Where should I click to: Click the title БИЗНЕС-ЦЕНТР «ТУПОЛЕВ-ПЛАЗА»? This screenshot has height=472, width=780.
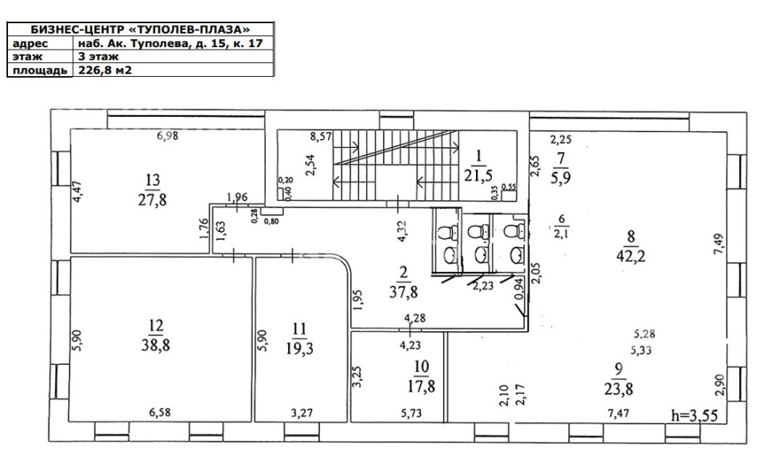141,30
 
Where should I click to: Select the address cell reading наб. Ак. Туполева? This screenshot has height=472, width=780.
170,43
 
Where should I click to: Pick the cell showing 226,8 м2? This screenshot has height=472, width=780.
105,70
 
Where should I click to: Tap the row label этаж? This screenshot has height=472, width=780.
28,57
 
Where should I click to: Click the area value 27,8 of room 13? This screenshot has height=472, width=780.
152,200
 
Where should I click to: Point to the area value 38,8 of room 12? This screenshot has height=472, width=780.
156,345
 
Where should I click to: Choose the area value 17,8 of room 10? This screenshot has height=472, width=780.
422,386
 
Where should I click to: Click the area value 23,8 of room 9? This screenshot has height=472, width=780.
619,389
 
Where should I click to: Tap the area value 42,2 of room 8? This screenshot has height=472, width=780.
631,257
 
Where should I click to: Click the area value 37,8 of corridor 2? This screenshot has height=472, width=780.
403,292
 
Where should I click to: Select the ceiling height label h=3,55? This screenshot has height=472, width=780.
694,415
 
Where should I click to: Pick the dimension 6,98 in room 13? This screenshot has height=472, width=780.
168,134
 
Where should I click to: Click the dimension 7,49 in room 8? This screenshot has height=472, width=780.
719,244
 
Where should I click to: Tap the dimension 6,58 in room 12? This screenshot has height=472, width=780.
160,412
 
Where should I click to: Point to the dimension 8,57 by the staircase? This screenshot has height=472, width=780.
321,136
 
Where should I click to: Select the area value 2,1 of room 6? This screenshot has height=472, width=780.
561,234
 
